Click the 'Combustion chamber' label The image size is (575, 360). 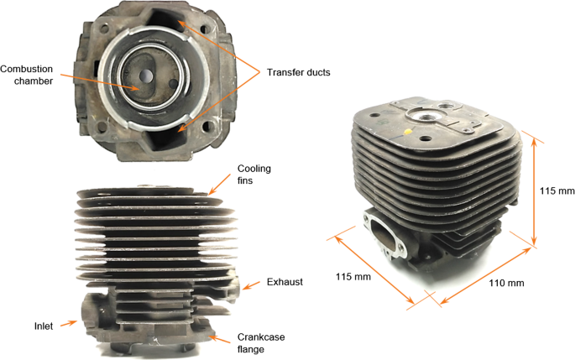(26, 75)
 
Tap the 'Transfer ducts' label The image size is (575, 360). (299, 72)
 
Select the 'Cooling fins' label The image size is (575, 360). (254, 175)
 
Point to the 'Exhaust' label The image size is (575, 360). (285, 282)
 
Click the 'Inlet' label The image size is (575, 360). (44, 326)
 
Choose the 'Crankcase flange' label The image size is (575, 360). (261, 343)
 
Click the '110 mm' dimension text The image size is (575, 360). (506, 283)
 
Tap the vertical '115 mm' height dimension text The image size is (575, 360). (557, 191)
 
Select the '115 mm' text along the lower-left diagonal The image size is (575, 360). (353, 276)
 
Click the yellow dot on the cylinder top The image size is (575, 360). (407, 131)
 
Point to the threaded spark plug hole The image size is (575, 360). (425, 116)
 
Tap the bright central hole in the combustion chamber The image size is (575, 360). (147, 76)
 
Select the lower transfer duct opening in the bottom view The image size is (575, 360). (163, 138)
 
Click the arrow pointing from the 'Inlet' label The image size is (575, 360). (69, 323)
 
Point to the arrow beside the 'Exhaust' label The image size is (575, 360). (252, 285)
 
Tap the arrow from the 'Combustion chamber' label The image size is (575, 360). (99, 81)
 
